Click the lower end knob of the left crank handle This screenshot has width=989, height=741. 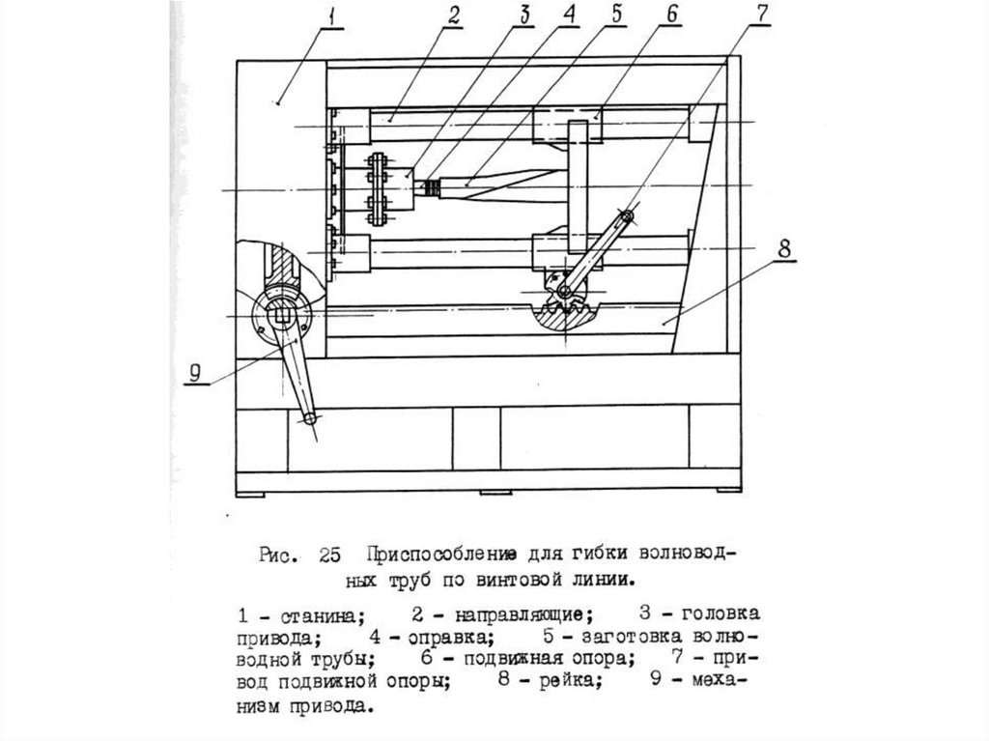tap(311, 417)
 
